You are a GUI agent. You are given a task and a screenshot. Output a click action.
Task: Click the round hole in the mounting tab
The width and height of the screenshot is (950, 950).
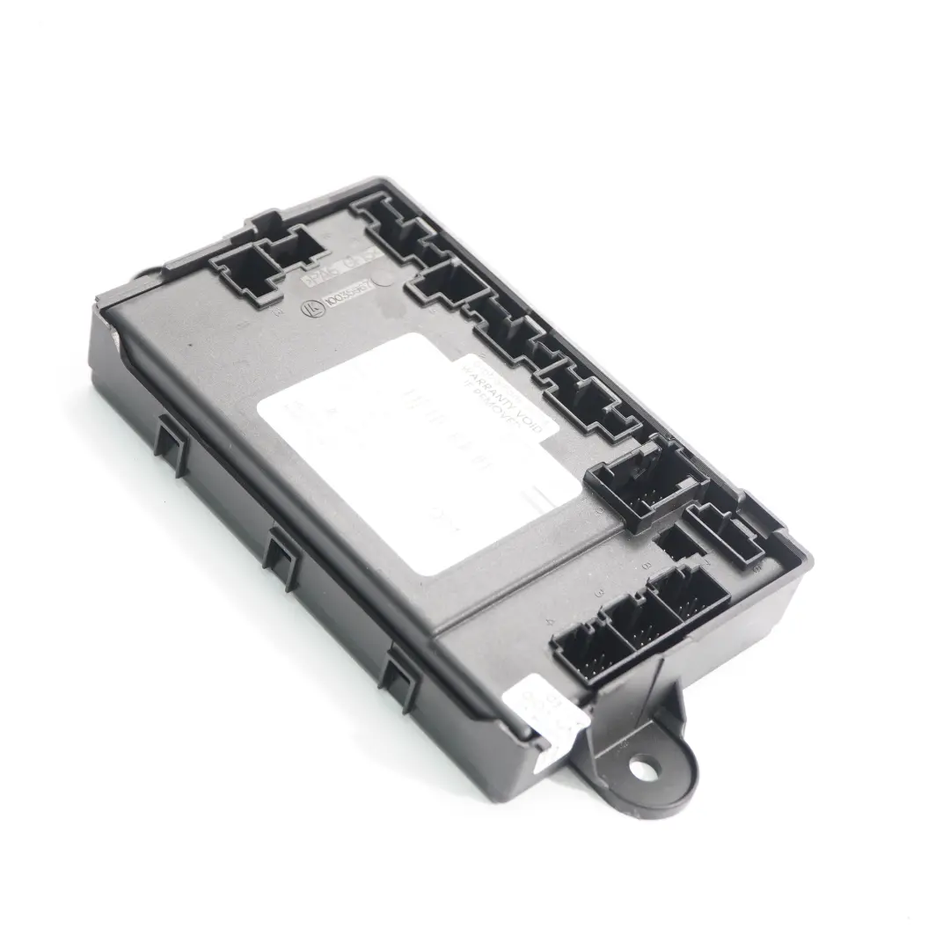click(x=643, y=770)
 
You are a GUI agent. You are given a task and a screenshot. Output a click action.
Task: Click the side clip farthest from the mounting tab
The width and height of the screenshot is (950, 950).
click(x=172, y=446)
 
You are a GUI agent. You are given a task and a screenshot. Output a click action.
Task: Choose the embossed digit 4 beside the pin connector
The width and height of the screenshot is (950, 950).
click(x=549, y=622)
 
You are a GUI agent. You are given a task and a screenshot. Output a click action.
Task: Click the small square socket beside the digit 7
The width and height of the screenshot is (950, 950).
click(x=678, y=542)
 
